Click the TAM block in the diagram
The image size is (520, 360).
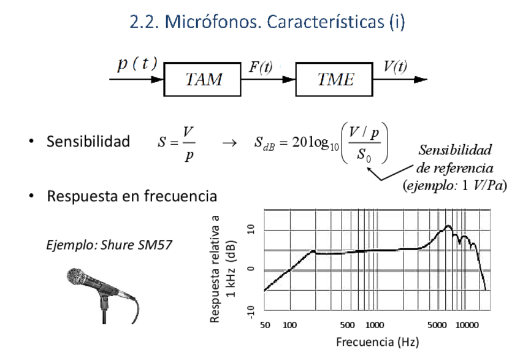tap(203, 79)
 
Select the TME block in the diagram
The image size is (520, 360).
tap(334, 79)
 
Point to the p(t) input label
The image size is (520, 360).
tap(137, 64)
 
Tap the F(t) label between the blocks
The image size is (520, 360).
tap(261, 67)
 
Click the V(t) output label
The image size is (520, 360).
tap(395, 67)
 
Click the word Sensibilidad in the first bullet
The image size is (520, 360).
tap(88, 142)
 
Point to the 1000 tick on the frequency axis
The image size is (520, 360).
tap(375, 325)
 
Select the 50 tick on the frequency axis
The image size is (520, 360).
tap(265, 325)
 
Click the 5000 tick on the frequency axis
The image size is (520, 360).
tap(437, 325)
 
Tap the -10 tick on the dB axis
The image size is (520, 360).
tap(250, 311)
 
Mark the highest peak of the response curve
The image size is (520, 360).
tap(448, 226)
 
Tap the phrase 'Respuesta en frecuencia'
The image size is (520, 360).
tap(131, 197)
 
